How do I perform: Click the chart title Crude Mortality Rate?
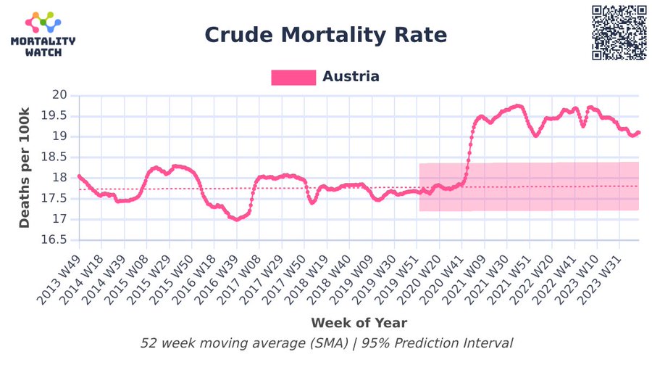point(325,35)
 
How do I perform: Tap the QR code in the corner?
point(619,33)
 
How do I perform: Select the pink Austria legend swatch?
point(293,77)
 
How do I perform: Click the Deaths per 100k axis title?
point(25,168)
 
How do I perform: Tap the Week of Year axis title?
point(359,322)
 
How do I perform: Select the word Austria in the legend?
point(351,77)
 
